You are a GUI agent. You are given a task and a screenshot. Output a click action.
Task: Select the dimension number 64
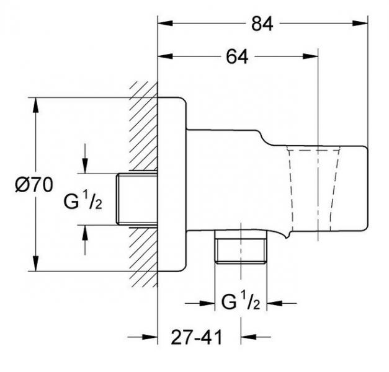pyautogui.click(x=237, y=57)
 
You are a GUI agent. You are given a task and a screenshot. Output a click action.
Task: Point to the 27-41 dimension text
pyautogui.click(x=198, y=338)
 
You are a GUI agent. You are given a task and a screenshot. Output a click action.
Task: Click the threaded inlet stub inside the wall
pyautogui.click(x=136, y=198)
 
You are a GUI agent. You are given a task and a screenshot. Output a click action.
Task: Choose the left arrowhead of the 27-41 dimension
pyautogui.click(x=151, y=338)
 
